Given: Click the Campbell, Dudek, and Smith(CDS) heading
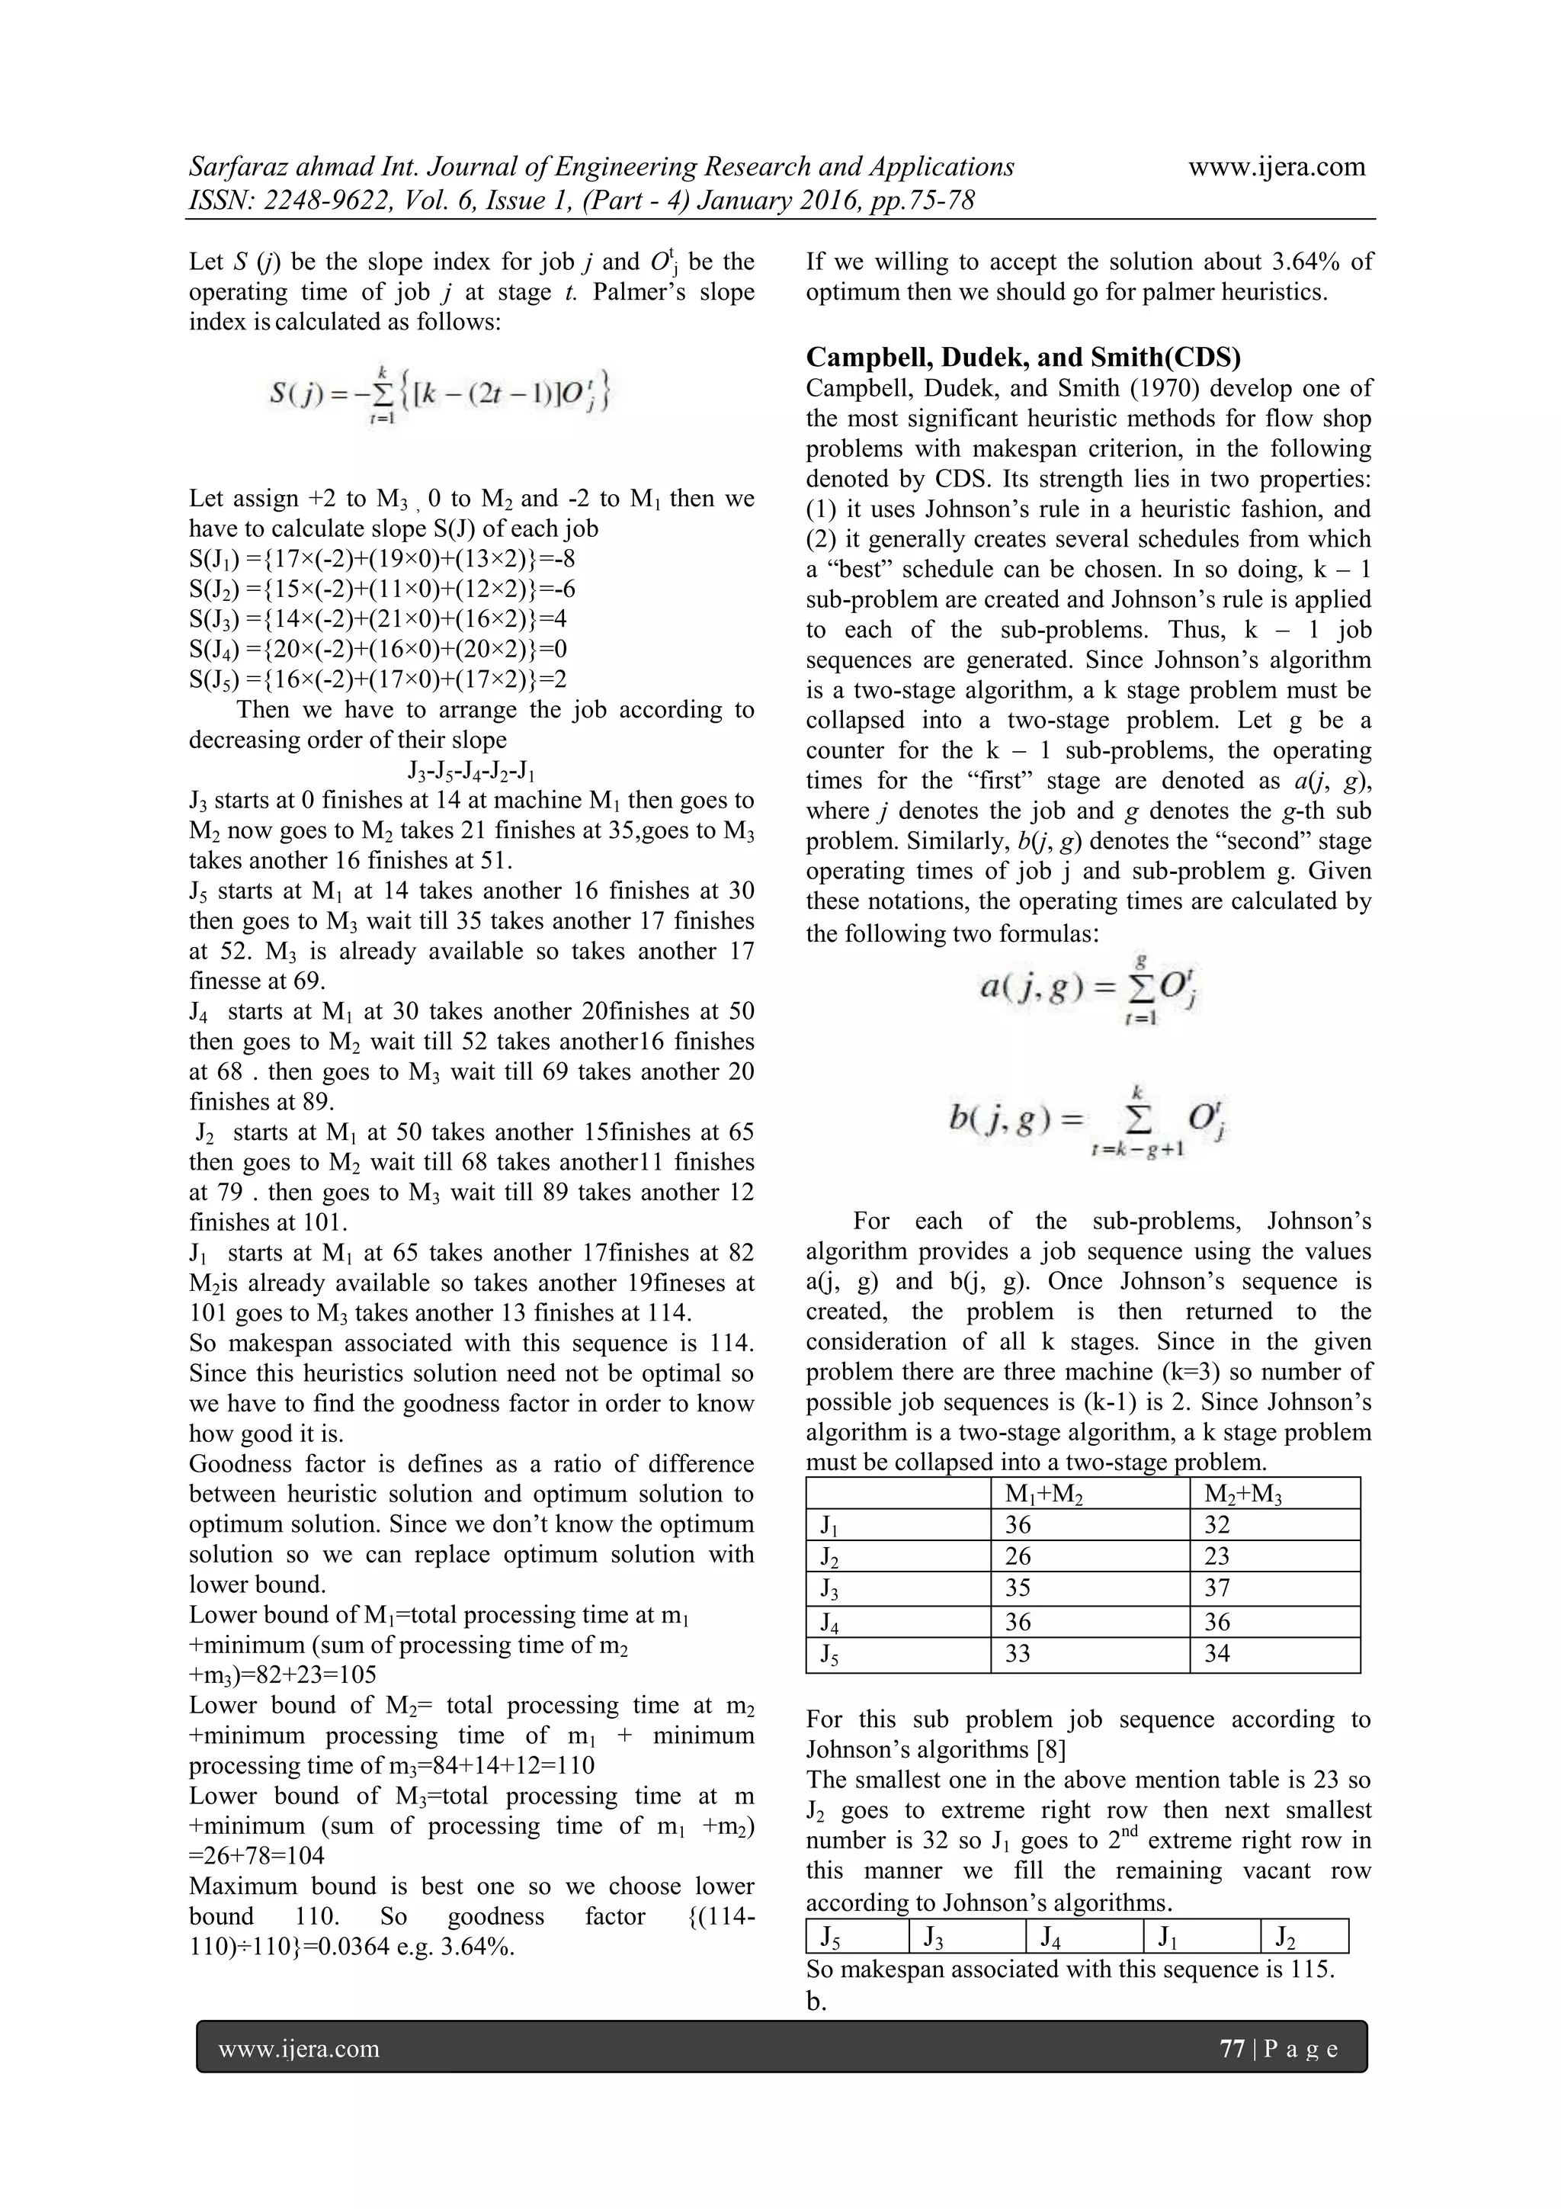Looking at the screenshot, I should tap(1022, 357).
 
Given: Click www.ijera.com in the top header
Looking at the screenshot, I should tap(1276, 166).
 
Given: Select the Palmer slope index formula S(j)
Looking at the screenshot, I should tap(440, 394).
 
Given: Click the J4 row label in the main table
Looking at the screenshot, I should tap(829, 1622).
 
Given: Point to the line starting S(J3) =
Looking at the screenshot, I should tap(382, 618).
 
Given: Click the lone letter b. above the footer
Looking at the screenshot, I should tap(816, 2000).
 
